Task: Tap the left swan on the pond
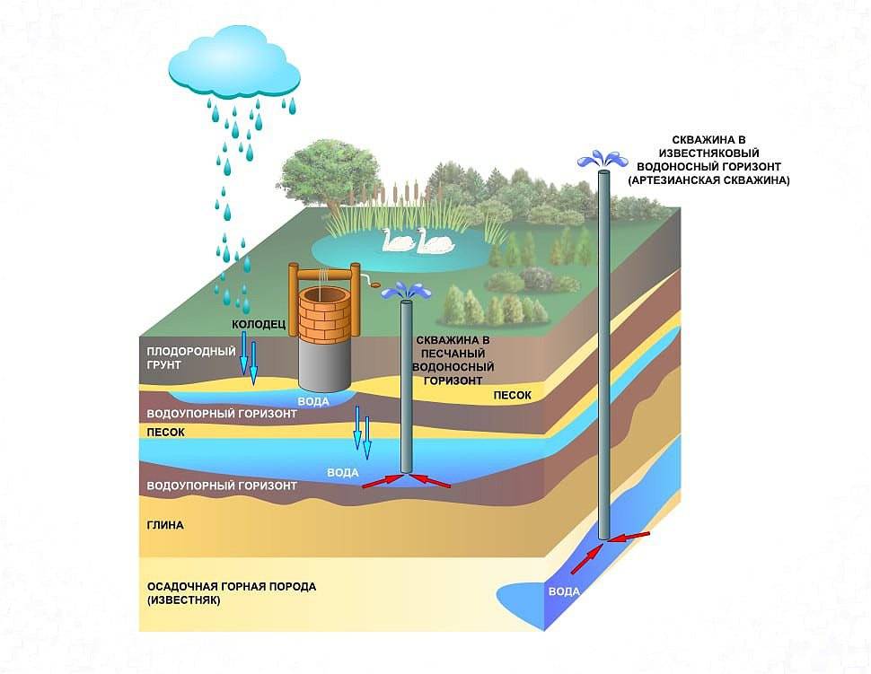coord(397,241)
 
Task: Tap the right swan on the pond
coord(434,241)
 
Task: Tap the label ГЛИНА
coord(165,525)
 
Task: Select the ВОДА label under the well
coord(312,401)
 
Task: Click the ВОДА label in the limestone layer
coord(564,591)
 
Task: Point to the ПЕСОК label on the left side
coord(166,432)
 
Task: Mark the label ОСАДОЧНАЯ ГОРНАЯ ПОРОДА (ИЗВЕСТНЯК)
coord(231,592)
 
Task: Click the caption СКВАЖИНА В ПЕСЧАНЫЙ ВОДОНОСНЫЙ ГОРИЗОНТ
coord(455,360)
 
